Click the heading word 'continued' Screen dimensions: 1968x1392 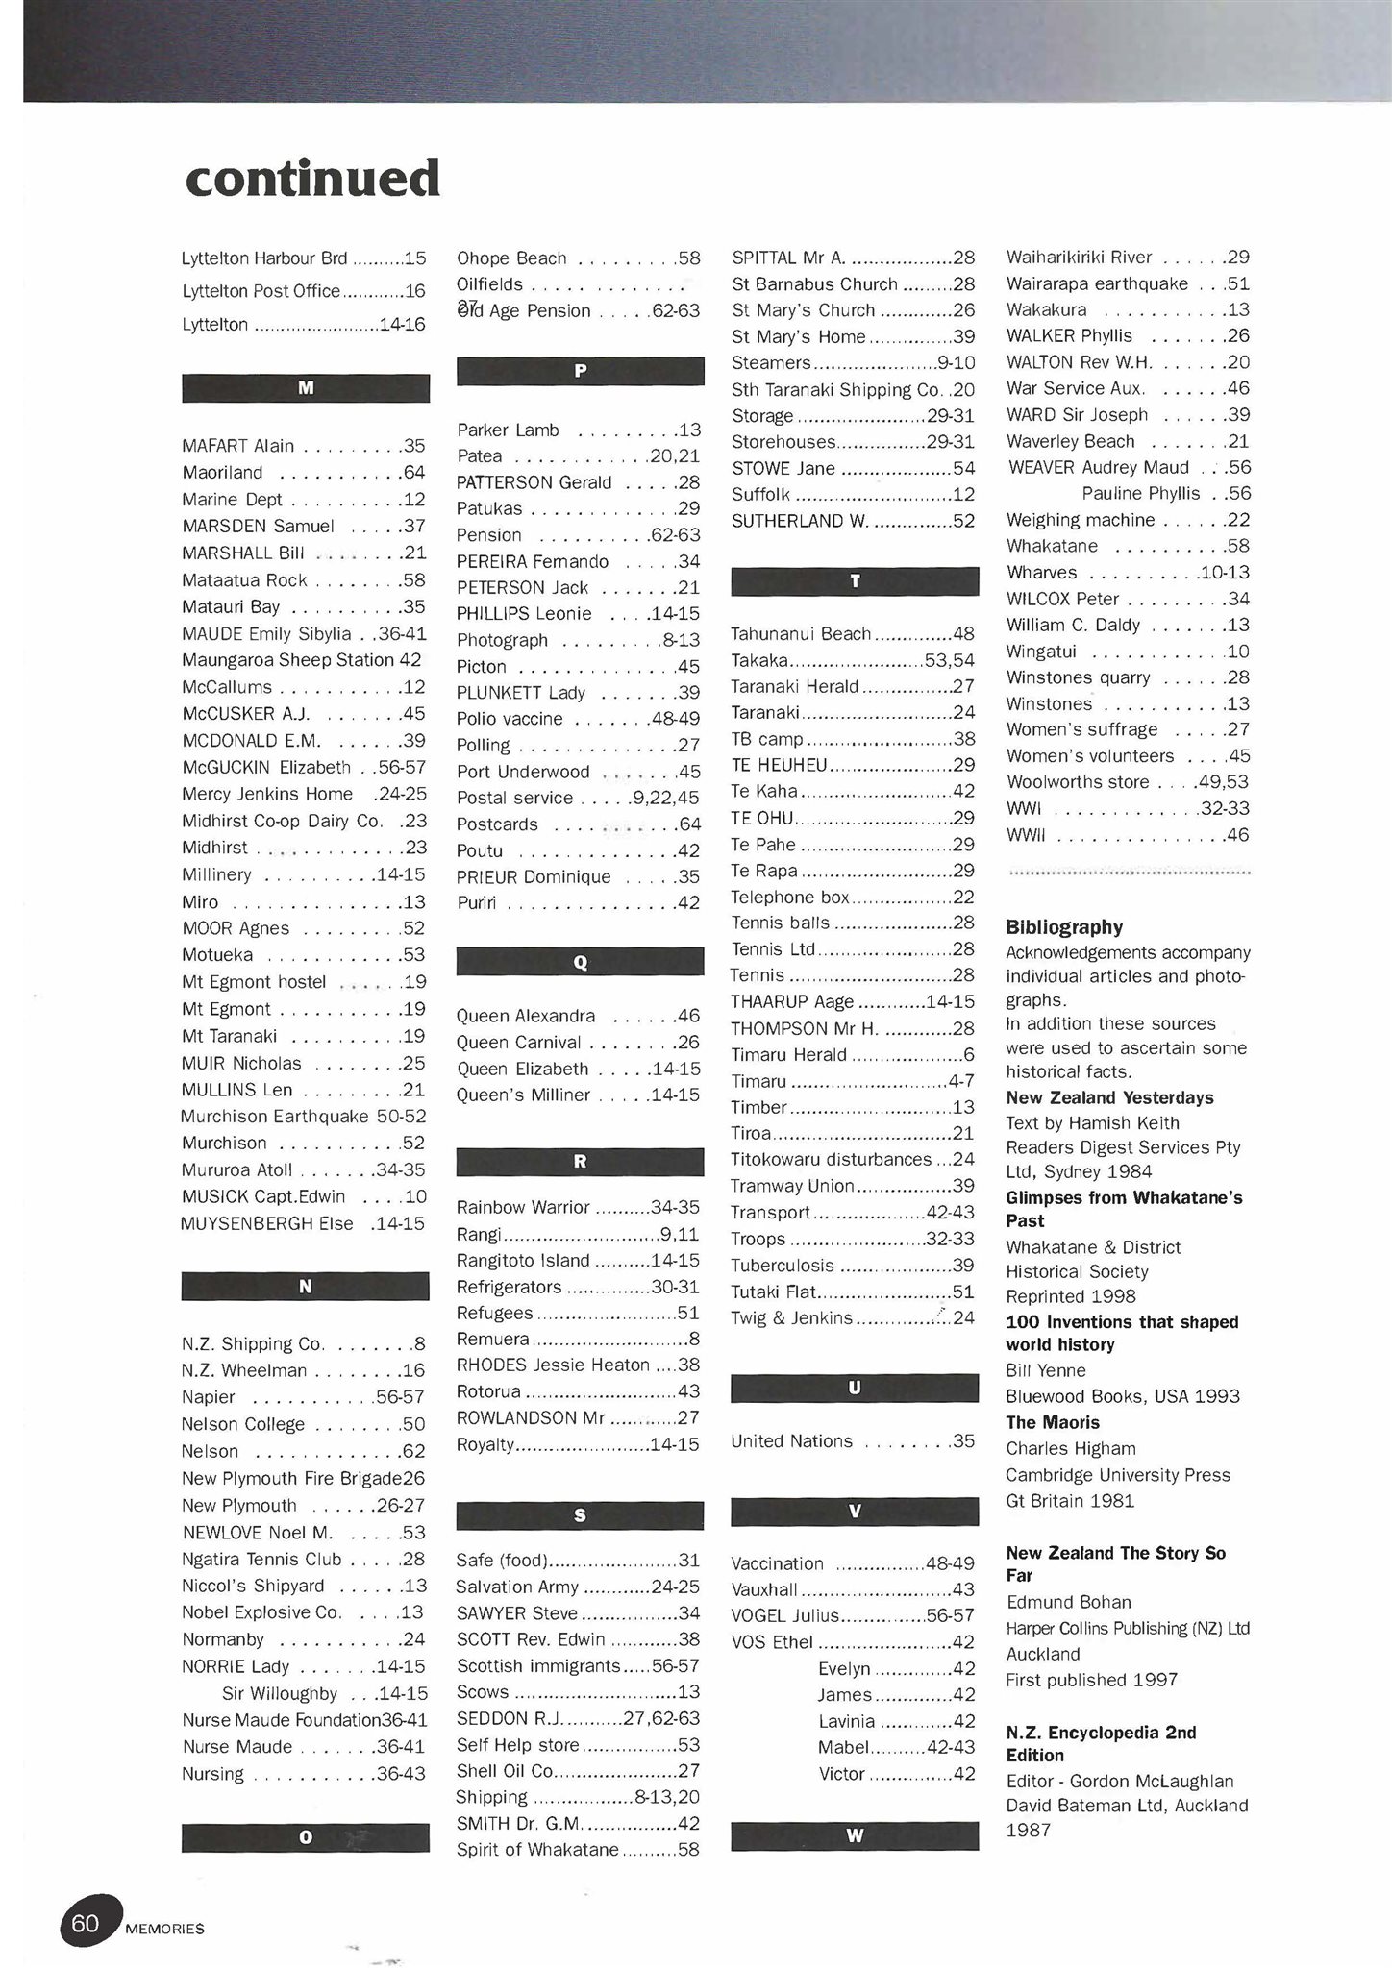[312, 179]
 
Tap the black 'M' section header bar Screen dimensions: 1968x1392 [306, 388]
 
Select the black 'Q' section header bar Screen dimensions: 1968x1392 [580, 962]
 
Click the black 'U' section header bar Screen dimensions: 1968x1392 [855, 1389]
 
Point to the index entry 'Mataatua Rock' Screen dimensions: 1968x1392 [244, 580]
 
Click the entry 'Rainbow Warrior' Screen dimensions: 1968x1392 [523, 1207]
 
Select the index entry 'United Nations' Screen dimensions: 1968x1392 [791, 1441]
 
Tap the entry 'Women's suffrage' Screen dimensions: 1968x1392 [1081, 729]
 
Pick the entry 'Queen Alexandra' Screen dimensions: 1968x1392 [525, 1016]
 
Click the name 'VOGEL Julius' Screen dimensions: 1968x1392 [784, 1616]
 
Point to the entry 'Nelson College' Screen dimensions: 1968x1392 [243, 1424]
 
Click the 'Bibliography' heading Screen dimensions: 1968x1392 [1064, 927]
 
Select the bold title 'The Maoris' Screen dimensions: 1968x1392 [1053, 1422]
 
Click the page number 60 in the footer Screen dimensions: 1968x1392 [87, 1923]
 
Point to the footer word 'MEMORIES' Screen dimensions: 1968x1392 [164, 1929]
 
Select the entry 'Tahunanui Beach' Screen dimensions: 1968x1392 [801, 634]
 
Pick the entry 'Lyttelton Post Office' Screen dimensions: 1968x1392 [261, 291]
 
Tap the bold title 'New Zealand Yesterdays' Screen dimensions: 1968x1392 [1109, 1097]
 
